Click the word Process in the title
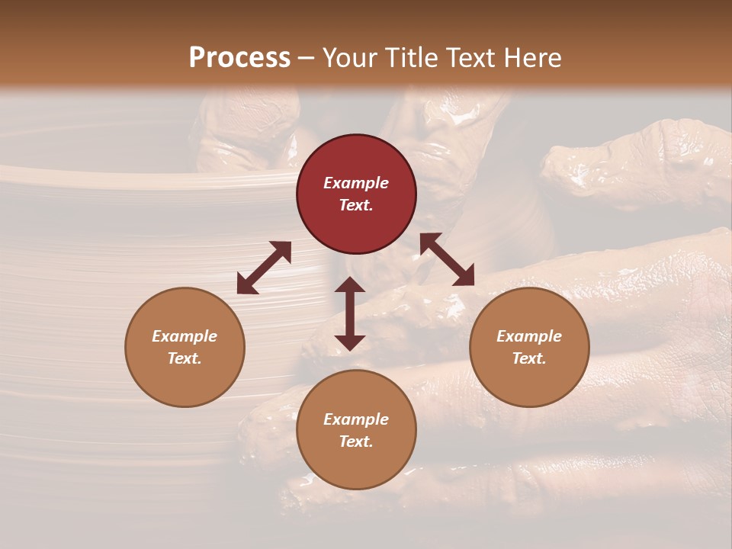239,58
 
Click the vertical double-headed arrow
350,313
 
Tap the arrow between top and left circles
264,268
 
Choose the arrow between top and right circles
447,259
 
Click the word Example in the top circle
356,183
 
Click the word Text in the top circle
356,205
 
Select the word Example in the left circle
185,336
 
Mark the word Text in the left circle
185,358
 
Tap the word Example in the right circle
529,336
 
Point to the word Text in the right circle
529,358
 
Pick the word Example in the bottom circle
356,419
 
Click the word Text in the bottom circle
356,441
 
